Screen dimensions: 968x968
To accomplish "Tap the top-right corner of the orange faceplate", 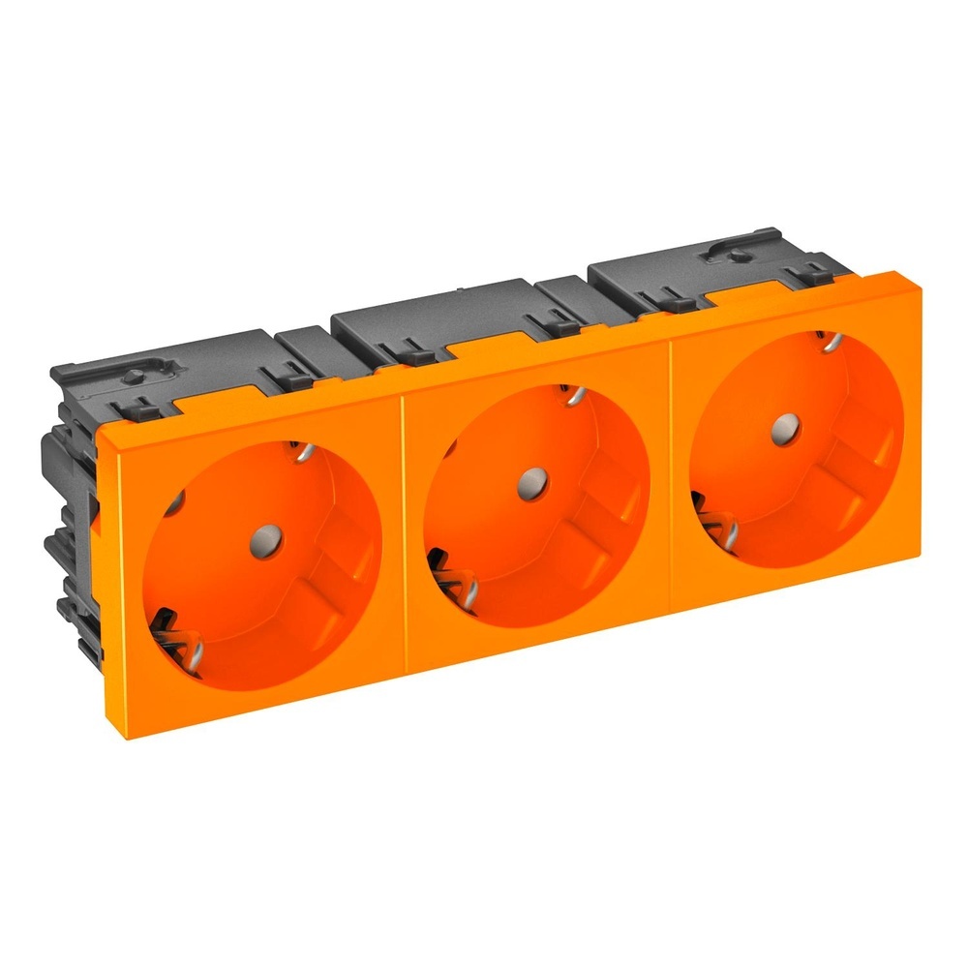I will (x=918, y=275).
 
